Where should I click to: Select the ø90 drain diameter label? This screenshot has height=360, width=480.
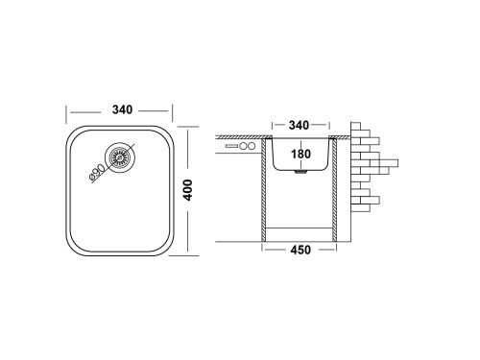click(x=97, y=170)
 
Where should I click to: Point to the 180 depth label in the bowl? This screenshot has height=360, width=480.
click(x=301, y=155)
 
